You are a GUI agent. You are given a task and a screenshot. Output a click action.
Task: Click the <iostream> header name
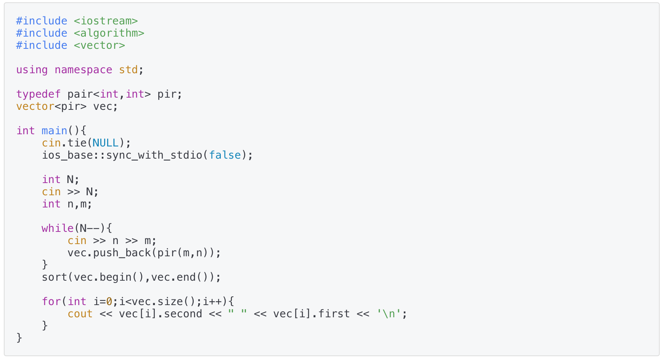106,21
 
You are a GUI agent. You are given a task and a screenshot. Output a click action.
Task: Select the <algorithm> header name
109,33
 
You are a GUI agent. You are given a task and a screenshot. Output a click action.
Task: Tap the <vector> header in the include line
99,45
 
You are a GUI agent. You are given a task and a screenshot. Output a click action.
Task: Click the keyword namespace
83,70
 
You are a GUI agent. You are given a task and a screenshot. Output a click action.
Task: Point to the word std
128,70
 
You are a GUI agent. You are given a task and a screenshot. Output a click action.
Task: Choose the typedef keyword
38,94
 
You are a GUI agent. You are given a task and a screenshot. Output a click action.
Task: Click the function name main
54,131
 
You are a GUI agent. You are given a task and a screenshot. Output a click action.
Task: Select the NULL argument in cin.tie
105,143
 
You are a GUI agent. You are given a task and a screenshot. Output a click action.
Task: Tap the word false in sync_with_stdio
225,155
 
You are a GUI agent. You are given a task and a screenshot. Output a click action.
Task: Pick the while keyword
57,228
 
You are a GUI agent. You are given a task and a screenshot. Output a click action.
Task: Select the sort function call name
54,277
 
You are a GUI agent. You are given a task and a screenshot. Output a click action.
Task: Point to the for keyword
51,302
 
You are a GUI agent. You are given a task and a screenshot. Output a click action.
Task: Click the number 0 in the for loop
109,302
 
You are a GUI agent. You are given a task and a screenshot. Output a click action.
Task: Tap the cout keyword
80,314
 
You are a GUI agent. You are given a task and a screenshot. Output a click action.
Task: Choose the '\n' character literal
389,314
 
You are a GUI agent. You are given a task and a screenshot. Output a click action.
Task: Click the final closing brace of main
19,338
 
